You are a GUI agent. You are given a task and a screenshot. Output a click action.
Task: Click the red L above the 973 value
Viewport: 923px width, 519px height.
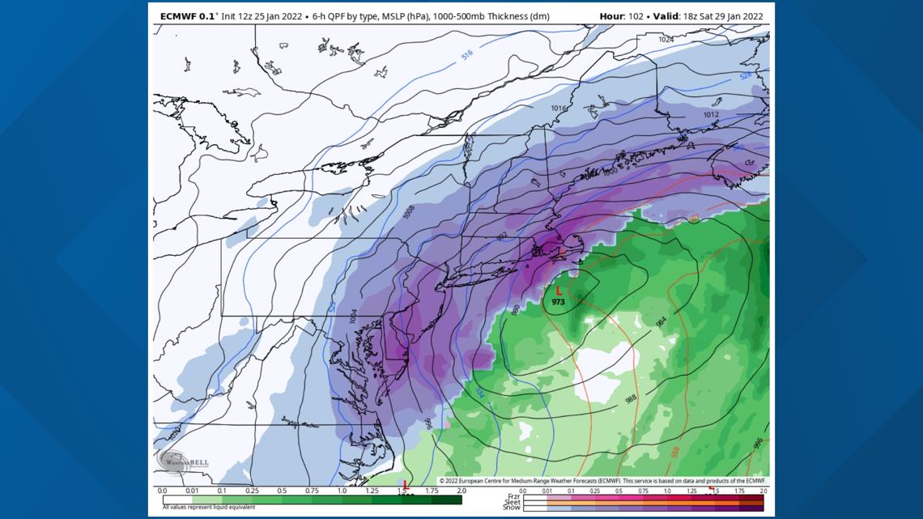click(559, 291)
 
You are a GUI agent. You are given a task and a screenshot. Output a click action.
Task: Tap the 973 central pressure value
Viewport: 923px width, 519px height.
click(559, 302)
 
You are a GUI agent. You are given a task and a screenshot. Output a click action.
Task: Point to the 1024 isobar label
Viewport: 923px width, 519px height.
click(666, 40)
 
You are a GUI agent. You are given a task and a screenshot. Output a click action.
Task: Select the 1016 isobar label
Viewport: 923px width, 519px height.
click(558, 108)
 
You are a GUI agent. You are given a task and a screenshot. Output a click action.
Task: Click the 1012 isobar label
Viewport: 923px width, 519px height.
click(710, 115)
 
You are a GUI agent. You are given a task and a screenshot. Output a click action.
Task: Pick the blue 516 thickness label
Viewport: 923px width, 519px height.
click(467, 55)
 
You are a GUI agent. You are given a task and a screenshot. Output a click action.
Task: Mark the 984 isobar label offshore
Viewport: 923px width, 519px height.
click(661, 322)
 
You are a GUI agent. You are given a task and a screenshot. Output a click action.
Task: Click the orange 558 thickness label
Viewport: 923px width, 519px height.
click(675, 452)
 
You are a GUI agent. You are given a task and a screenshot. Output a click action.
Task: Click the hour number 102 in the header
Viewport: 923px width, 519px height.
click(632, 16)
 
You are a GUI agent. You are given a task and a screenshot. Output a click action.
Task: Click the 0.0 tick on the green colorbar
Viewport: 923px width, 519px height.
click(163, 491)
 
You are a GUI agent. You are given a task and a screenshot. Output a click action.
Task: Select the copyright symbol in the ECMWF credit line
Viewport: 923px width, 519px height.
click(441, 481)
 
